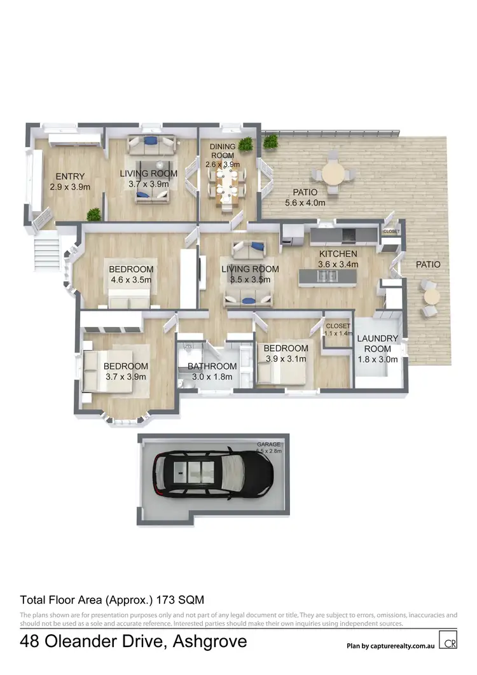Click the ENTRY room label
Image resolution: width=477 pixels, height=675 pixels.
pos(70,176)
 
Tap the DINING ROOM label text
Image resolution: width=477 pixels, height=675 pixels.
pos(223,151)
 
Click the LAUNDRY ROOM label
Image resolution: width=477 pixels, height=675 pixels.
pos(377,344)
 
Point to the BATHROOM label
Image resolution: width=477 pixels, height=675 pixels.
pos(212,366)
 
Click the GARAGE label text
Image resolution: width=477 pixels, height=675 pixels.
pos(269,444)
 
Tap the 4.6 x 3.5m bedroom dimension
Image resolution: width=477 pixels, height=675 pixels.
pos(131,279)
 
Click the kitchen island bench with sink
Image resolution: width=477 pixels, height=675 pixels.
pos(328,275)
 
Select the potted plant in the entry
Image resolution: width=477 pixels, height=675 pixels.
pos(95,214)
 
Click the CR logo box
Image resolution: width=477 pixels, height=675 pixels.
pos(448,640)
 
